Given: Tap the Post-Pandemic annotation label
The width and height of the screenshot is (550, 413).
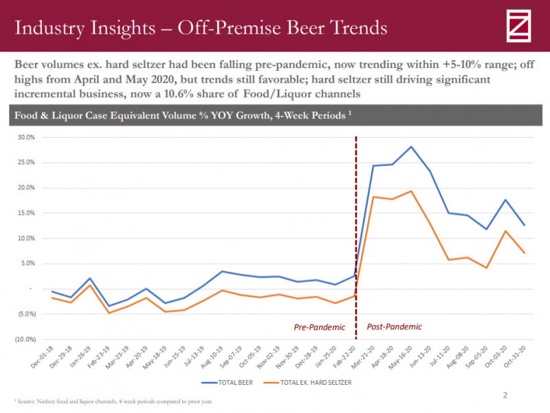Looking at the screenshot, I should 394,327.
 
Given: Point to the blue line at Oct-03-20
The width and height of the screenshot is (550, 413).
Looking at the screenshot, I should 506,200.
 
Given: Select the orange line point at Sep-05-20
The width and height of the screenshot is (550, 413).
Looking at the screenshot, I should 487,268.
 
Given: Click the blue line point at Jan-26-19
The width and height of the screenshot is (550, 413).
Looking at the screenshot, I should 89,279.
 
